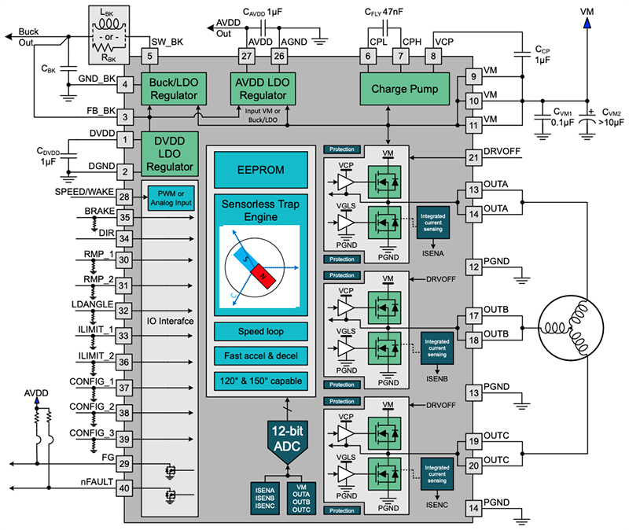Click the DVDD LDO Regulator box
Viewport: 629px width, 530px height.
167,153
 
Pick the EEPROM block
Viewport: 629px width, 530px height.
260,170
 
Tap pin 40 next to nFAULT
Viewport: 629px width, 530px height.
124,488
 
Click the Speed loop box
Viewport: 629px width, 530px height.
260,331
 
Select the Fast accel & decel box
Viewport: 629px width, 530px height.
260,356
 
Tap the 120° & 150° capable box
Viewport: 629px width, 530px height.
260,381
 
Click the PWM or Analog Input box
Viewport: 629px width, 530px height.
171,197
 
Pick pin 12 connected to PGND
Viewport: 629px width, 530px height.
473,267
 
